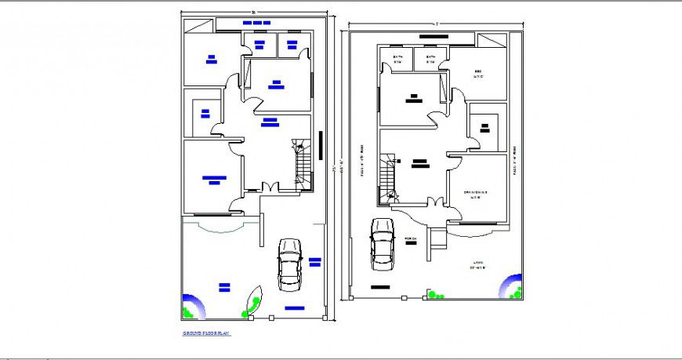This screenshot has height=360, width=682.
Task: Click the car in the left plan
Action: coord(289,264)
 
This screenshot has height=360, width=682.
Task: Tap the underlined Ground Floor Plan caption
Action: coord(206,333)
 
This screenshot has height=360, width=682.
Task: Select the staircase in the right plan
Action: coord(386,181)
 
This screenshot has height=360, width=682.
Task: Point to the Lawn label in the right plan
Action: coord(479,264)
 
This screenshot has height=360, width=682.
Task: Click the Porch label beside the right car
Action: coord(412,238)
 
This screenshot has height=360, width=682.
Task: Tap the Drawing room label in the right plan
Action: coord(476,195)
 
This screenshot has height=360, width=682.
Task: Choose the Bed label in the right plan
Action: coord(478,74)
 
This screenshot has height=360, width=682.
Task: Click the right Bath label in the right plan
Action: coord(430,60)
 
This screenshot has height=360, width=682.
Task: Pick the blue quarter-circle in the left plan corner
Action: coord(191,307)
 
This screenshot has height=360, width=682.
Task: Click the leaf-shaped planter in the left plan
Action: coord(255,301)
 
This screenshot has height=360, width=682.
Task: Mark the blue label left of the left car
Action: coord(224,285)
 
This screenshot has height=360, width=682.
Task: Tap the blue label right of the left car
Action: coord(314,261)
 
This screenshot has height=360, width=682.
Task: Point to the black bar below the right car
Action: coord(381,288)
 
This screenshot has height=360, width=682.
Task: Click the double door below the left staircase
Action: coord(270,187)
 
